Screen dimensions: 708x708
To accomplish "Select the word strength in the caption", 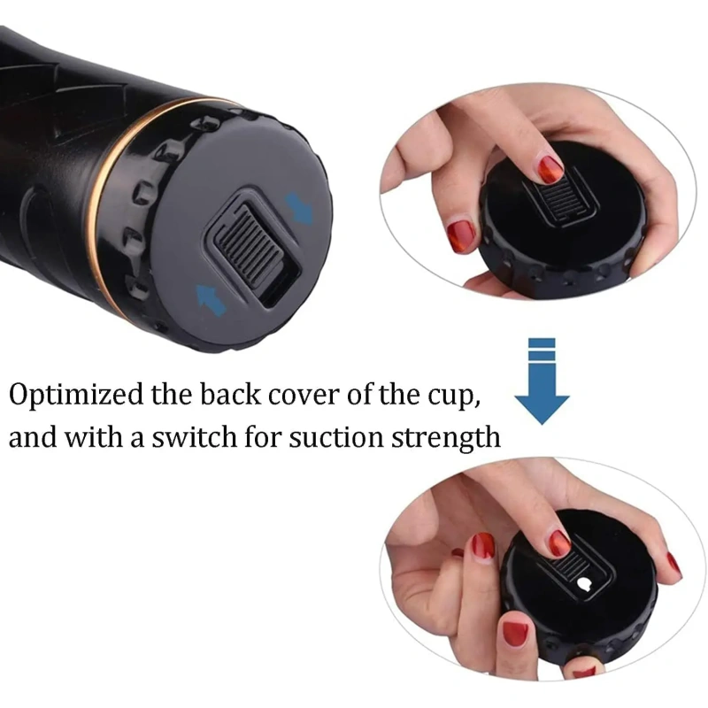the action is pos(446,438).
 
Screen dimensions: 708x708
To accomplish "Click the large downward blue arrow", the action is pos(542,381).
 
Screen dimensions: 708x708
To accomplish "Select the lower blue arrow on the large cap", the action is pos(210,300).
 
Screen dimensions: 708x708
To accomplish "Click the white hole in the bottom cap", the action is pos(584,585).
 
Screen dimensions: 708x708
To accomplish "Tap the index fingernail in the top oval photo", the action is pos(550,168).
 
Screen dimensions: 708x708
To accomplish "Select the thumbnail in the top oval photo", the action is pos(460,235).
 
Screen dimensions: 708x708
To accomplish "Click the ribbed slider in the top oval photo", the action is pos(559,198).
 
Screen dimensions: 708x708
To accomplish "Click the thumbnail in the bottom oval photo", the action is pos(516,632).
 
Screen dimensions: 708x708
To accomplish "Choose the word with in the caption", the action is pos(94,436).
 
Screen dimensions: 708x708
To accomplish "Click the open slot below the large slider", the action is pos(280,289).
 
